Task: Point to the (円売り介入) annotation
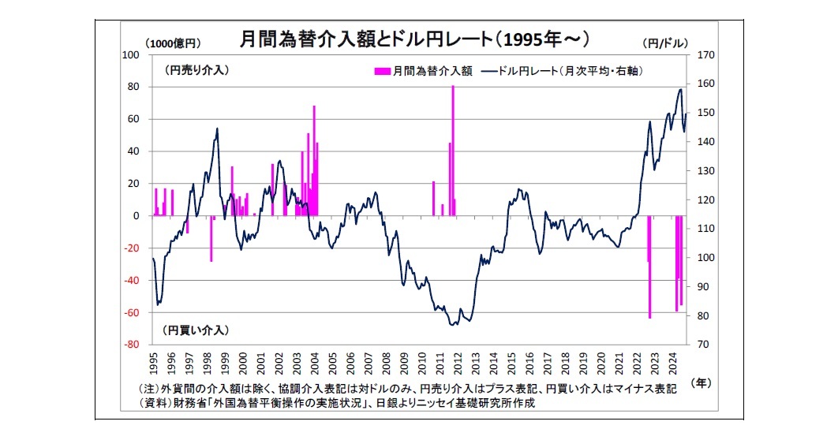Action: point(196,70)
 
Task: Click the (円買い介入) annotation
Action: point(196,329)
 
